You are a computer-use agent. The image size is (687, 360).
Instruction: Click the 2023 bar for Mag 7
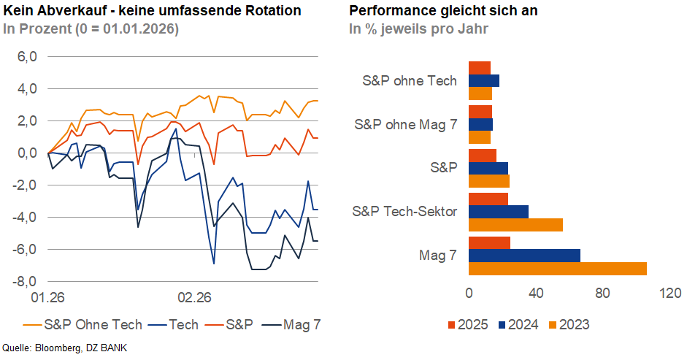[557, 269]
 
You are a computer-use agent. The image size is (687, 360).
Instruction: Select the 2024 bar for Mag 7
[524, 256]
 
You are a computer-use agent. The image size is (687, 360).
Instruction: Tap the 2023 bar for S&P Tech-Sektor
[515, 225]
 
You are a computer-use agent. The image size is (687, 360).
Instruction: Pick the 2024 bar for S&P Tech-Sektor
[498, 212]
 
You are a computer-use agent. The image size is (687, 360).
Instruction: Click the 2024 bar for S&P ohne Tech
[483, 80]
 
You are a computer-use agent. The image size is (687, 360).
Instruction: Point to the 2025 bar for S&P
[482, 155]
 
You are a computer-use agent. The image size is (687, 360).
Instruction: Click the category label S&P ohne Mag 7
[405, 124]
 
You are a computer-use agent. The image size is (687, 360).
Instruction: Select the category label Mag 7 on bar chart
[438, 256]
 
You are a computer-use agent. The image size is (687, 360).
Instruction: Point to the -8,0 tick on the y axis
[26, 282]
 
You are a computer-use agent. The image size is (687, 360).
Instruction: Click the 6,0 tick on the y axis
[26, 57]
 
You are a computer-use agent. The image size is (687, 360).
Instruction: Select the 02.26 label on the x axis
[195, 298]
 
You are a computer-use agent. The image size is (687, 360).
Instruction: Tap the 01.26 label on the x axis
[47, 298]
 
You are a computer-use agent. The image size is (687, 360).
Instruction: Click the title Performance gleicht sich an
[443, 11]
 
